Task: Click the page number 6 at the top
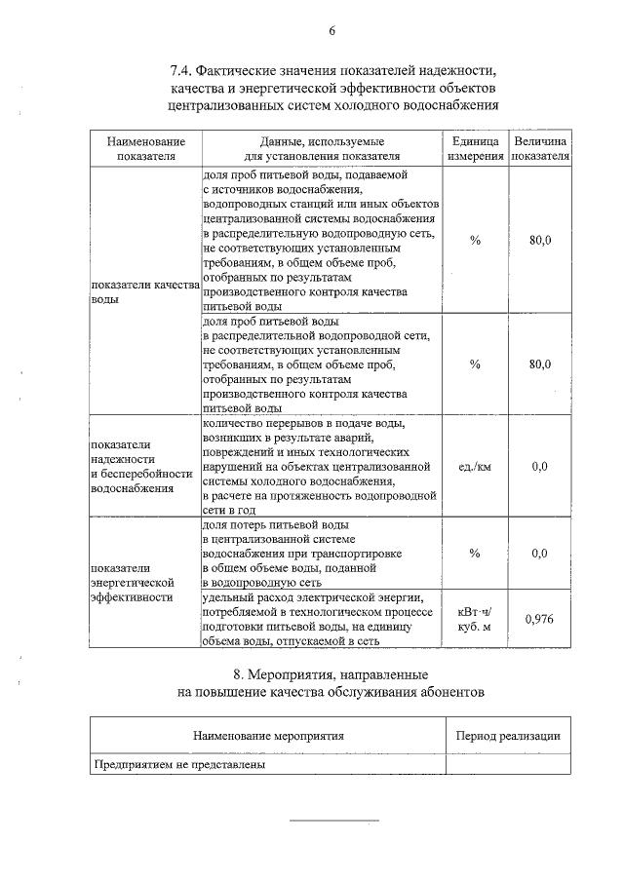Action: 331,30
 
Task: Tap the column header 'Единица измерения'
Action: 475,148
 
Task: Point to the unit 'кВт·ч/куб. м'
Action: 475,619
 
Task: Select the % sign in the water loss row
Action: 475,553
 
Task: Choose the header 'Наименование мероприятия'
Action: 268,735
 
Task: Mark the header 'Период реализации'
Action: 508,735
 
